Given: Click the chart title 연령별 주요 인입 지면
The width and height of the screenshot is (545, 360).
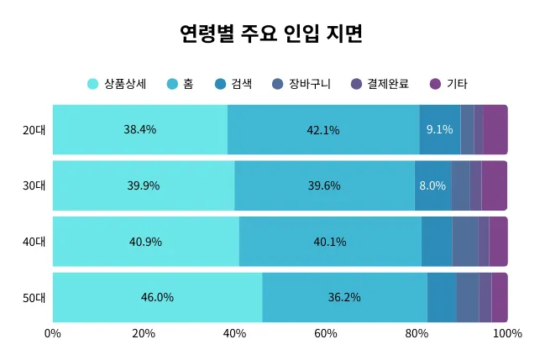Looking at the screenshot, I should point(271,34).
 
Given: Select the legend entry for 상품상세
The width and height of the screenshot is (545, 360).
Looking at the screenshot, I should point(118,84).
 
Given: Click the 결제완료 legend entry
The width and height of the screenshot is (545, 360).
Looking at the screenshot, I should point(380,84).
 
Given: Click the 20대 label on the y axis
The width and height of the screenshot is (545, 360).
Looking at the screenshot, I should point(34,130).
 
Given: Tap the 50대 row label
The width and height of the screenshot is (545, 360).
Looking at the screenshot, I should point(34,298).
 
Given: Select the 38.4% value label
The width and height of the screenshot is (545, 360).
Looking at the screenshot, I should point(140,130).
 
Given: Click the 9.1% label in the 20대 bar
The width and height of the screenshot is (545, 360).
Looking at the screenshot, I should point(439,130).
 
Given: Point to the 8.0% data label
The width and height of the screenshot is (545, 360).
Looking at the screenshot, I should point(432,185).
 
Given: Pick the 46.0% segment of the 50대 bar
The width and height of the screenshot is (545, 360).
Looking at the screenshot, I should point(157,298).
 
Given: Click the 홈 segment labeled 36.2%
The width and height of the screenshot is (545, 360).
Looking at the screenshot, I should point(344,298).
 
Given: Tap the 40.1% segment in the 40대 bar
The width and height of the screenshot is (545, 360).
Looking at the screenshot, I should point(330,242).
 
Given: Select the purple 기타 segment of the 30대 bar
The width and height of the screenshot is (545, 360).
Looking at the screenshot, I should point(494,185).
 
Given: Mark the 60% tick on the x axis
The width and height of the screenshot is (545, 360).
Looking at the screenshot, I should point(326,334).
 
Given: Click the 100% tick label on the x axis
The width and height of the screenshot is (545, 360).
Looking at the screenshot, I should point(506,334).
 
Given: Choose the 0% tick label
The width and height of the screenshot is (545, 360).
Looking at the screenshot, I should point(53,334).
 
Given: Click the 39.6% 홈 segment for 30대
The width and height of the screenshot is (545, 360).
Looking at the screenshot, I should point(324,185).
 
